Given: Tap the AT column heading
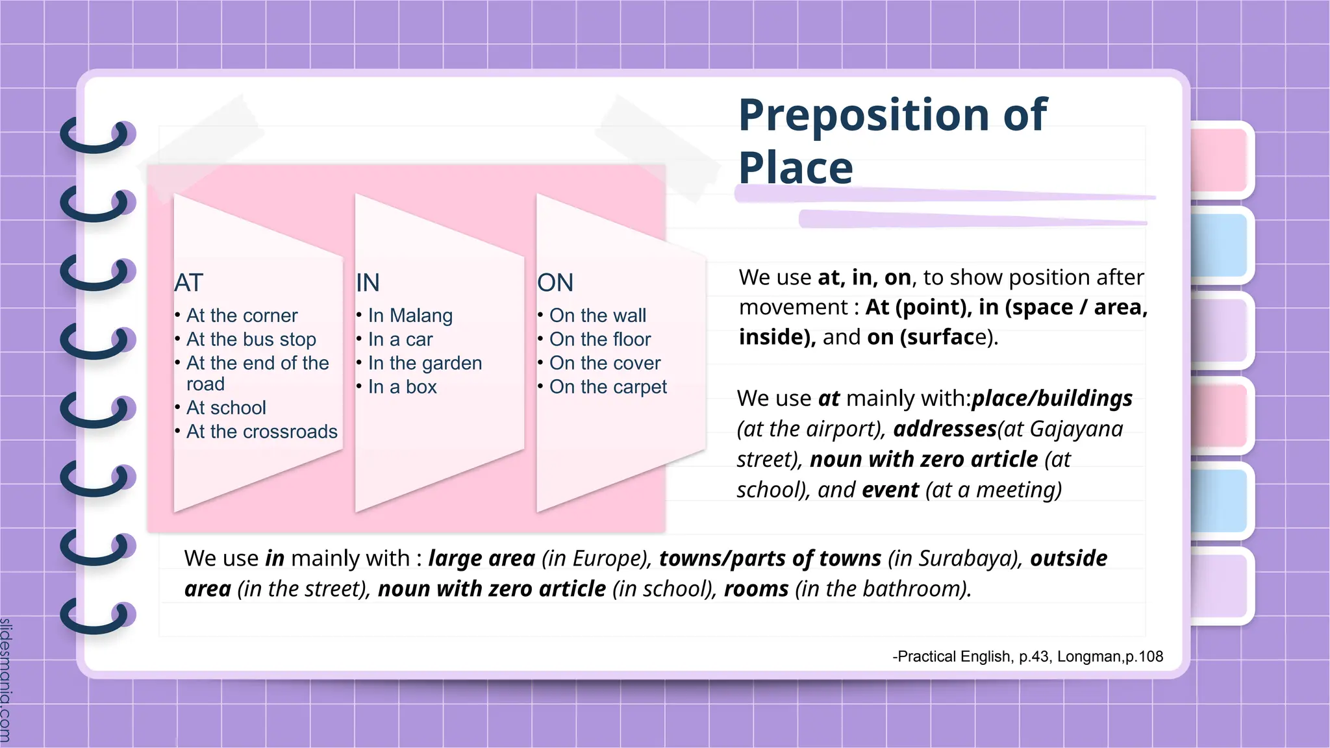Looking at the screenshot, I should pyautogui.click(x=189, y=283).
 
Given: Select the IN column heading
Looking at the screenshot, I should pyautogui.click(x=368, y=283).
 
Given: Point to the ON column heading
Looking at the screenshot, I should pyautogui.click(x=555, y=283).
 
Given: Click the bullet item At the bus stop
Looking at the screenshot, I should pyautogui.click(x=251, y=340).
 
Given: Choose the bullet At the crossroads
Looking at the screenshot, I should pyautogui.click(x=262, y=432).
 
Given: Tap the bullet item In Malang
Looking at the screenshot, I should pyautogui.click(x=410, y=316).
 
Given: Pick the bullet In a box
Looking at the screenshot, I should pyautogui.click(x=402, y=387).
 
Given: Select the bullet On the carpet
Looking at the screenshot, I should pyautogui.click(x=608, y=387).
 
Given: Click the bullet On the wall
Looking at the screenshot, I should pyautogui.click(x=597, y=316).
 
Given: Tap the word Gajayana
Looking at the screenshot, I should pyautogui.click(x=1076, y=429).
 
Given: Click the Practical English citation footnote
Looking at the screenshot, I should pyautogui.click(x=1027, y=656).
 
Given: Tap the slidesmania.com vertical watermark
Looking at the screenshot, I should pyautogui.click(x=6, y=679).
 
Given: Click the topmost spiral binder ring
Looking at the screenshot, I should pyautogui.click(x=97, y=136).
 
